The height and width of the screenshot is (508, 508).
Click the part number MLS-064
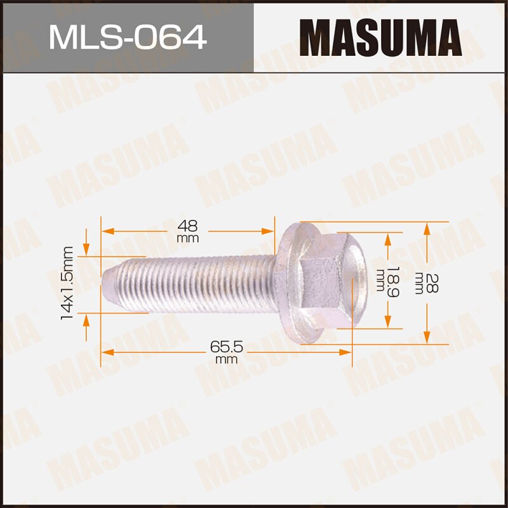click(x=127, y=36)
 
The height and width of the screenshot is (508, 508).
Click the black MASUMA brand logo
click(x=380, y=36)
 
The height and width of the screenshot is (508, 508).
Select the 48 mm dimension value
click(x=189, y=229)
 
